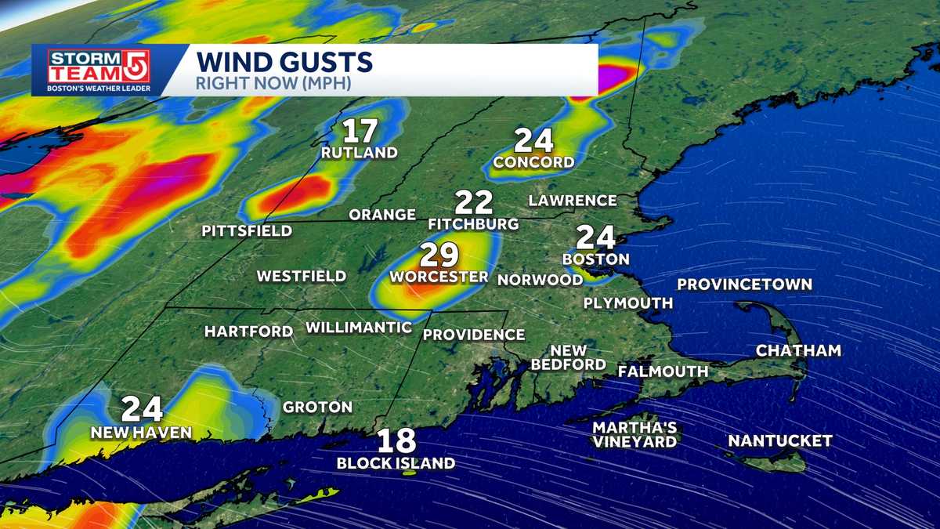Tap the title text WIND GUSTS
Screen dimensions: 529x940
[x=284, y=61]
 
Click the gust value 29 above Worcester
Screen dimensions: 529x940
[x=439, y=255]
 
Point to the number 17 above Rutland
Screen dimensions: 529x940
[x=360, y=131]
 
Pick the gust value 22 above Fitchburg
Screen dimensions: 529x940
[x=473, y=203]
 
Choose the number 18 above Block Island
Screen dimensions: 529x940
[x=396, y=441]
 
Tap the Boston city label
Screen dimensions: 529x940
[x=596, y=259]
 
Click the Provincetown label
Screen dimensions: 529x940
[x=744, y=284]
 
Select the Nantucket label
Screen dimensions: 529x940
[x=779, y=441]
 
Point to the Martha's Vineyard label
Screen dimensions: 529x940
[x=634, y=435]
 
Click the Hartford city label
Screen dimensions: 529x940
[x=248, y=332]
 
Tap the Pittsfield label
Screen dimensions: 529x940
[x=247, y=231]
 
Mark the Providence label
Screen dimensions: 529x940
[x=473, y=335]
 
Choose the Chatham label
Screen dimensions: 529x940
[x=798, y=351]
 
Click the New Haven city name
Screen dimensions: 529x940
[x=141, y=433]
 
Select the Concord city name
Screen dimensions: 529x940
[x=533, y=162]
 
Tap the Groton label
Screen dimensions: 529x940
[x=317, y=408]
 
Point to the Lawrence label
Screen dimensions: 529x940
[x=573, y=201]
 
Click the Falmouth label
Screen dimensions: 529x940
[x=663, y=371]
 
